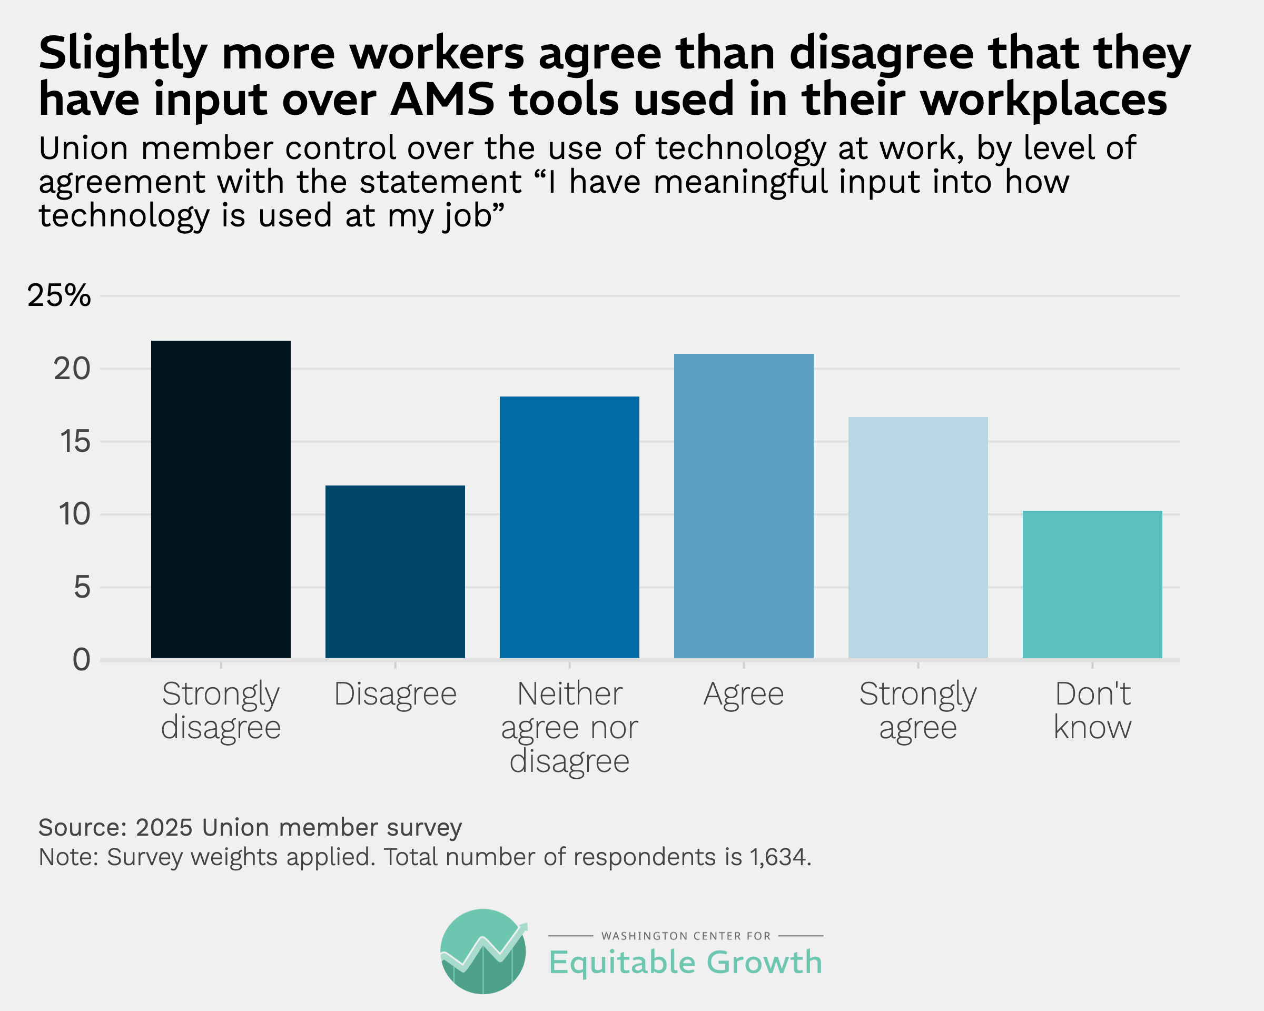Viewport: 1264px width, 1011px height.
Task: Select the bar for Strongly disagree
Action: pos(221,499)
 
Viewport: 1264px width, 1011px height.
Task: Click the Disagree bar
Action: pos(394,571)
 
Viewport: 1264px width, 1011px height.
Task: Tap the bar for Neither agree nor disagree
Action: pos(569,527)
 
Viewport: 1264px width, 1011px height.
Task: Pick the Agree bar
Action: pos(744,506)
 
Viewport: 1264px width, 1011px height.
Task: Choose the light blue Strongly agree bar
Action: pos(917,538)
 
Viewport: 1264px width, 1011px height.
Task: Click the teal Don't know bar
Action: pos(1092,584)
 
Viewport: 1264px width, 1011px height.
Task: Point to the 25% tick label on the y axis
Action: pos(59,296)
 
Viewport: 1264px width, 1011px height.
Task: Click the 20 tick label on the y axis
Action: pos(72,369)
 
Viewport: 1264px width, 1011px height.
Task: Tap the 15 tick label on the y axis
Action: pos(74,442)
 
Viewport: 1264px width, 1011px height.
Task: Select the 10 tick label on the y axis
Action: pos(74,514)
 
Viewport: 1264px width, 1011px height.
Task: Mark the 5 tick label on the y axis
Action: pos(82,587)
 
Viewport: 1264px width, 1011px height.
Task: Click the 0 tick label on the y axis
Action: pos(82,660)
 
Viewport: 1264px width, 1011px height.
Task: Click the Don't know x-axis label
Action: pos(1092,710)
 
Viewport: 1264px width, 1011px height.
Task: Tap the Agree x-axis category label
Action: pos(744,695)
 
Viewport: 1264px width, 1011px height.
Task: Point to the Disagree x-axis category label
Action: pos(394,695)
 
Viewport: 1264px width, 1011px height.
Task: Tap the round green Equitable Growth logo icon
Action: pos(483,951)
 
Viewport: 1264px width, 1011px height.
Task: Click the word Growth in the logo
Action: pos(764,963)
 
